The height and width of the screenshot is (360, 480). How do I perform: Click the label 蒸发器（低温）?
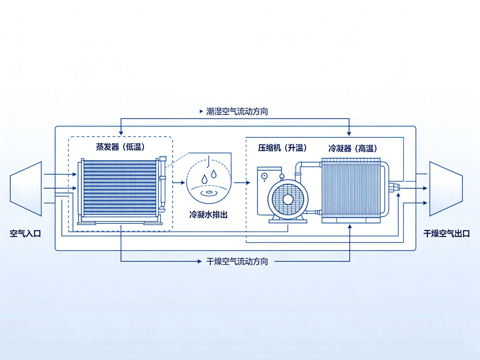point(120,147)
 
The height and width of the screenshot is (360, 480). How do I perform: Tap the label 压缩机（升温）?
point(282,148)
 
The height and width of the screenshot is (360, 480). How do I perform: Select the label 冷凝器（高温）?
point(352,148)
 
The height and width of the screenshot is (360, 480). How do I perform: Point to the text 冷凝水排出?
point(208,215)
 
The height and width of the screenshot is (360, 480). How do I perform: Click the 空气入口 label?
point(25,234)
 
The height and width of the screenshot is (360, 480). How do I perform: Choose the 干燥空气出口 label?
point(446,234)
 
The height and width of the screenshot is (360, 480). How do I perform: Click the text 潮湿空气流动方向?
point(237,112)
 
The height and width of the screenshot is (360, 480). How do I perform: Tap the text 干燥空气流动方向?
point(237,262)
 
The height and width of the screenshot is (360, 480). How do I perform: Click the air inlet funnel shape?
point(26,189)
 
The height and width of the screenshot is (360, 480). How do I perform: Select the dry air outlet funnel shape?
point(446,189)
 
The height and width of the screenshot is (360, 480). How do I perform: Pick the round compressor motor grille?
point(288,199)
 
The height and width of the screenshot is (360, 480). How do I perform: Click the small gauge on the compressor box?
point(264,176)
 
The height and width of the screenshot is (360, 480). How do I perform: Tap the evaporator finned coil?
point(120,188)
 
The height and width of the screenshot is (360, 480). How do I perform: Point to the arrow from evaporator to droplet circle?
point(179,182)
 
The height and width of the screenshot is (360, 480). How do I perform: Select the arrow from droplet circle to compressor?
point(242,182)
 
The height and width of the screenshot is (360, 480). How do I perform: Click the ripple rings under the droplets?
point(209,192)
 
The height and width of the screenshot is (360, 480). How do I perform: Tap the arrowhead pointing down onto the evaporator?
point(121,133)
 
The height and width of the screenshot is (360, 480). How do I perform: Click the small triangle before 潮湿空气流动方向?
point(201,112)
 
